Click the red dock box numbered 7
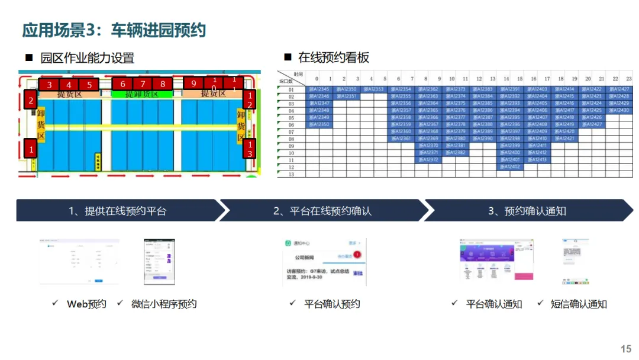click(x=143, y=84)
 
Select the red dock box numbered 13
click(x=249, y=149)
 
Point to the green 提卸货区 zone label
click(x=141, y=94)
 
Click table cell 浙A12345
click(x=319, y=89)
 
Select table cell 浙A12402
click(x=510, y=167)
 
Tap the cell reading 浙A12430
click(x=618, y=110)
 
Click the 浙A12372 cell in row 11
click(x=428, y=160)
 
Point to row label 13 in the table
click(x=291, y=174)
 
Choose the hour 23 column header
click(x=628, y=78)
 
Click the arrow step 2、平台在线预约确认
click(x=322, y=211)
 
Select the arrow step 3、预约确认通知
click(x=527, y=211)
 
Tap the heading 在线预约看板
click(x=333, y=57)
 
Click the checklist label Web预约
click(x=86, y=304)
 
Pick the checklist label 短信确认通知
click(x=578, y=304)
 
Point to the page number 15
click(x=625, y=349)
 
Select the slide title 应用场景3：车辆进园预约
click(x=114, y=30)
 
